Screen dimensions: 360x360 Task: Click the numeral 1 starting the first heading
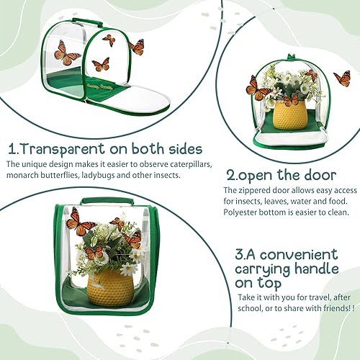coord(12,150)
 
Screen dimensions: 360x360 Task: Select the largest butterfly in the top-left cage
coord(67,53)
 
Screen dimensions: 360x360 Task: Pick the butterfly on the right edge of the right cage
coord(341,78)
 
